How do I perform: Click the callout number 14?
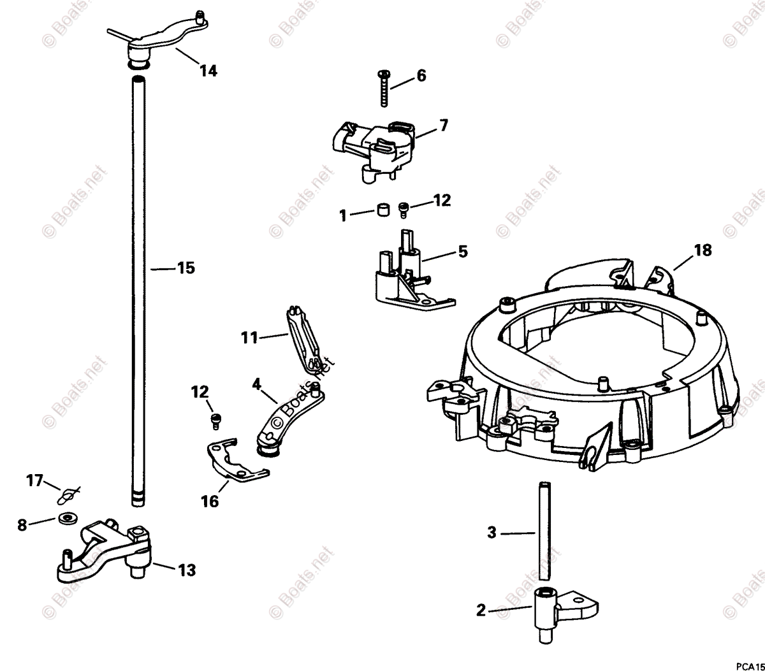[208, 71]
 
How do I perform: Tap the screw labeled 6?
[384, 89]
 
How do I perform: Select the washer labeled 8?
[65, 519]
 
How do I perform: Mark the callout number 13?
[187, 570]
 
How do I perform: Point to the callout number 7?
[443, 125]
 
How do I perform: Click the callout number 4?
[256, 384]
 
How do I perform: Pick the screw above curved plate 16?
[215, 419]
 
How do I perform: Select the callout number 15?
[186, 268]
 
